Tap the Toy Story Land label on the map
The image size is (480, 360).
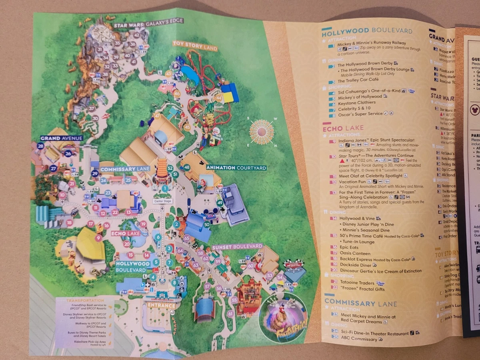pyautogui.click(x=195, y=46)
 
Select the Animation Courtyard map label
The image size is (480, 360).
pyautogui.click(x=236, y=168)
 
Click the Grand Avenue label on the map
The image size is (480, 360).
pyautogui.click(x=61, y=138)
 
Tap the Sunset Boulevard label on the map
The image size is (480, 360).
pyautogui.click(x=237, y=246)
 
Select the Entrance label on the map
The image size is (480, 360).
pyautogui.click(x=161, y=306)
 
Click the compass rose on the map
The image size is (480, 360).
pyautogui.click(x=262, y=131)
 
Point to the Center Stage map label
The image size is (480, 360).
pyautogui.click(x=162, y=201)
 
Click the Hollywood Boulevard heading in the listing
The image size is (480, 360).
pyautogui.click(x=367, y=30)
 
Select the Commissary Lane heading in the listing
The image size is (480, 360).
pyautogui.click(x=360, y=303)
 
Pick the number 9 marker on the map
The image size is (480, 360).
pyautogui.click(x=98, y=238)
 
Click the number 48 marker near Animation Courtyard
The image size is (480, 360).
pyautogui.click(x=187, y=167)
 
